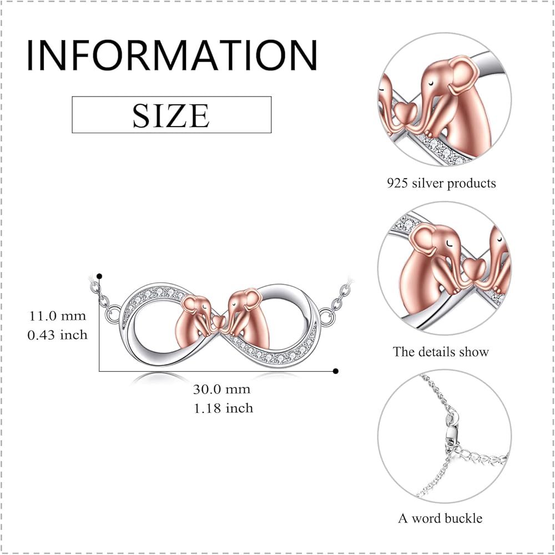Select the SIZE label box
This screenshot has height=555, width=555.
171,115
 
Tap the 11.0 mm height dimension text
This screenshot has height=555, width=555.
58,316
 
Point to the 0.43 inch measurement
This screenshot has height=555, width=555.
58,335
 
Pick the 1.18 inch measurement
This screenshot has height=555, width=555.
222,408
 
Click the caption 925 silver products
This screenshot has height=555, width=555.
442,183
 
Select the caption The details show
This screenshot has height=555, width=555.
441,351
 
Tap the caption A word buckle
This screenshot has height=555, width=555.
440,518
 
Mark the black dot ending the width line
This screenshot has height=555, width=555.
336,371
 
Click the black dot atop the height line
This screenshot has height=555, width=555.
99,276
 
